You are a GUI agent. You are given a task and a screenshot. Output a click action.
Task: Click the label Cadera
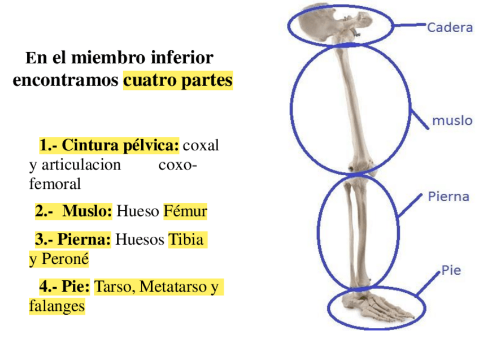pos(450,28)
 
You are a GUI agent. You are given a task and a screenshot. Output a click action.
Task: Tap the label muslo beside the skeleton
pos(452,120)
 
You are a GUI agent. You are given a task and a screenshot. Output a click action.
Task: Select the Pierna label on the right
pos(448,197)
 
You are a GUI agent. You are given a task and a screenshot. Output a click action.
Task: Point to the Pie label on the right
pos(451,270)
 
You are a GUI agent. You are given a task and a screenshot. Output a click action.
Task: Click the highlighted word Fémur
pos(185,212)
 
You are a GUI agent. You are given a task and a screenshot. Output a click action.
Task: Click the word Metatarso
pos(173,287)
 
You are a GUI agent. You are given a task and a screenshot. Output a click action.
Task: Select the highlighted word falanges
pos(56,306)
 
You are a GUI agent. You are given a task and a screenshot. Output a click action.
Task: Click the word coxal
pos(201,146)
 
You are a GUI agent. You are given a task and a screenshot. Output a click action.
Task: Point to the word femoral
pos(55,184)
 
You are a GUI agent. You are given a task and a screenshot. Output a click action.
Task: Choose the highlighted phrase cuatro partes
pos(177,80)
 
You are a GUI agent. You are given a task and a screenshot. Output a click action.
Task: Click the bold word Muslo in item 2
pos(87,212)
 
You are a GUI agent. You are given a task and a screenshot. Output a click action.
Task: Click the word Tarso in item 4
pos(113,287)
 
